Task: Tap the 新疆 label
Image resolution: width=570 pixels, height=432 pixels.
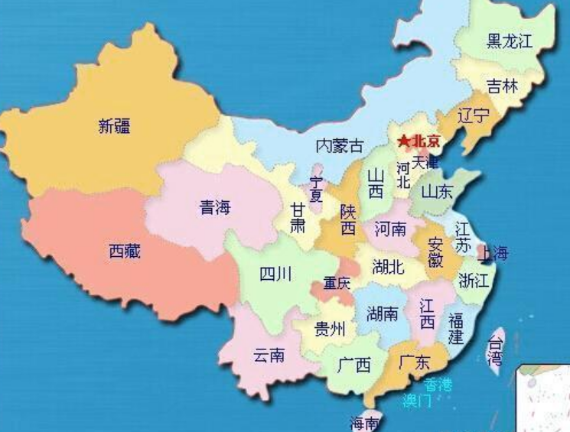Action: point(114,126)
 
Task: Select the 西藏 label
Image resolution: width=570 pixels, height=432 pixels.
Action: point(125,251)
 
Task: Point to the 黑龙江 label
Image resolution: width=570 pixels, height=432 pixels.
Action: point(510,41)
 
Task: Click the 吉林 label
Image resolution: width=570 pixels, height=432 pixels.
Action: point(502,86)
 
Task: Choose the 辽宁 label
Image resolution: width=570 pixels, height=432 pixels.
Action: point(473,116)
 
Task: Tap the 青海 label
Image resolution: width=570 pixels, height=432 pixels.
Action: point(215,206)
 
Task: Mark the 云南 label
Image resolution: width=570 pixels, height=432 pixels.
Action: point(269,355)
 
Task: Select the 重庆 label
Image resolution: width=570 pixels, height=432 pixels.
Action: point(337,283)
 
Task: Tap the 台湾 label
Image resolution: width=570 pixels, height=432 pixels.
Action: point(497,348)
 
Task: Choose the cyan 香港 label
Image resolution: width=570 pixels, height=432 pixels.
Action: point(438,384)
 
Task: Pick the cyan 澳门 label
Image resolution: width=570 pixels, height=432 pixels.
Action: point(418,400)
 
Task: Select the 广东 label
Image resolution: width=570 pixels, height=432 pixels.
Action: point(414,362)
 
